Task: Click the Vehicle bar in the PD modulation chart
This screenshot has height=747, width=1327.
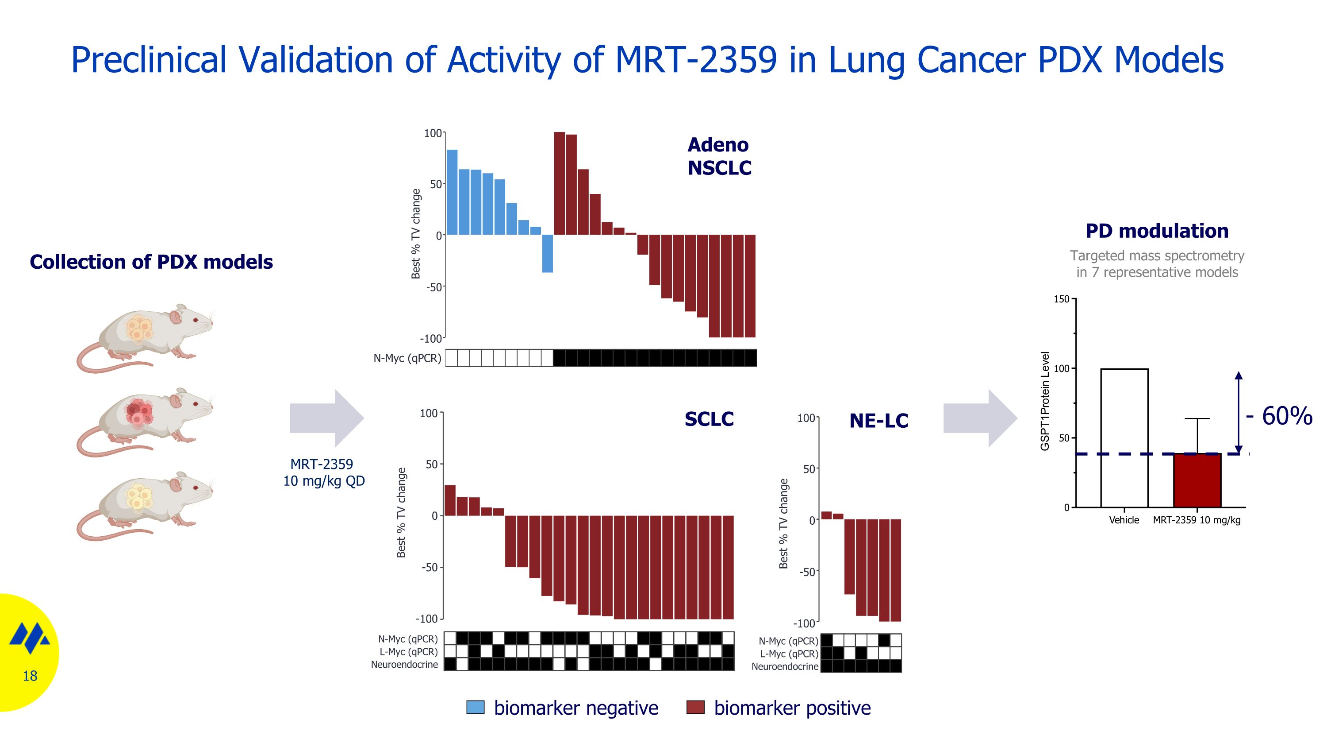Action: pos(1124,438)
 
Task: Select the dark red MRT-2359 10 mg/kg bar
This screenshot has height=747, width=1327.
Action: pos(1197,480)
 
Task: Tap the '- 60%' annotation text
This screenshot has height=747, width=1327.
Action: pos(1279,416)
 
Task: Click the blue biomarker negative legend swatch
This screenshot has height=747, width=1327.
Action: pos(475,707)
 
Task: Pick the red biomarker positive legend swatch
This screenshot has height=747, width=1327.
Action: pos(695,707)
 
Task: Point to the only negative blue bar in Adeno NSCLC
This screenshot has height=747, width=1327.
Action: pos(547,254)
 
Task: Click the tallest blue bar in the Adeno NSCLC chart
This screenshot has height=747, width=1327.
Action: pos(452,192)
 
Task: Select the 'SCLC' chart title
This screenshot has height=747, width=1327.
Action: pos(709,419)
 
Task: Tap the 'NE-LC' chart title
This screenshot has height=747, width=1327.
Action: pos(878,421)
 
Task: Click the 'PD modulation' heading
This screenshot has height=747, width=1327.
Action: pos(1157,231)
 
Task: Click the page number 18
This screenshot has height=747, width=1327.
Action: pos(30,676)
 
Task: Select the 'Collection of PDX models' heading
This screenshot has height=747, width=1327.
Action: pos(151,262)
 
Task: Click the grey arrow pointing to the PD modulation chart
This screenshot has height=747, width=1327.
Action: pos(980,418)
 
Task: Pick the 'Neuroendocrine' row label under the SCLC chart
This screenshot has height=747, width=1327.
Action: pos(404,665)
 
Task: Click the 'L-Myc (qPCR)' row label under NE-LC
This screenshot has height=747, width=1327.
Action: pos(789,654)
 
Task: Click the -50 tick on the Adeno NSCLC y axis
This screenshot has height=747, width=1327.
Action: pos(434,287)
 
